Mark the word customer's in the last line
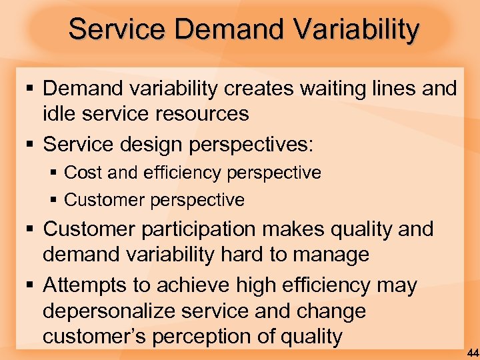click(94, 337)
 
